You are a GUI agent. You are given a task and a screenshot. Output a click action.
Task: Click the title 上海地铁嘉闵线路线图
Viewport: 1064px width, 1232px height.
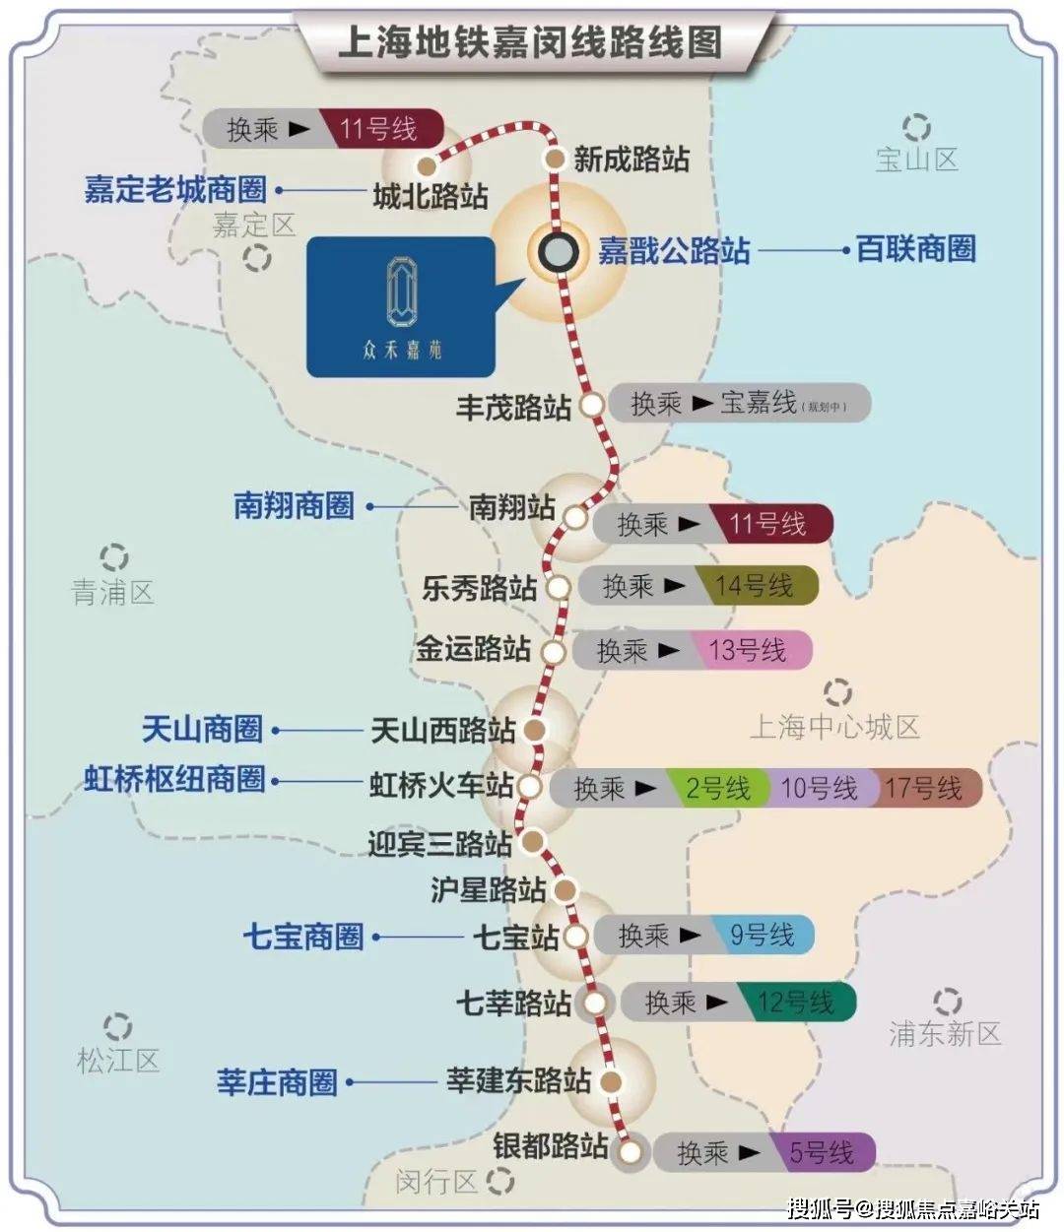coord(529,42)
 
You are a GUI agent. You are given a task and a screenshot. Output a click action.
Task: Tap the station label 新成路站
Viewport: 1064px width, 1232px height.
coord(632,160)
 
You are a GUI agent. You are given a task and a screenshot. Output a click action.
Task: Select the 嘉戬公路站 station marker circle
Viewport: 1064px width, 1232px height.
coord(558,251)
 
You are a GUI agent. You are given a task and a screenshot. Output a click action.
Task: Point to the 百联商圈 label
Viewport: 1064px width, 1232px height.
coord(915,249)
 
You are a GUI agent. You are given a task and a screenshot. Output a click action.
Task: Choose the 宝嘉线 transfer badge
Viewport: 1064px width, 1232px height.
coord(758,403)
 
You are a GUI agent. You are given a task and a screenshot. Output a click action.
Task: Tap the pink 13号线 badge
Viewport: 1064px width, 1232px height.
coord(749,650)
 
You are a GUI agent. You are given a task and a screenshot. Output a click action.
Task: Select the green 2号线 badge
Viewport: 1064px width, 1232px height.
coord(718,788)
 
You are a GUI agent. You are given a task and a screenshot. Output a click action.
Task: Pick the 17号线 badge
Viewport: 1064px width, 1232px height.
coord(923,788)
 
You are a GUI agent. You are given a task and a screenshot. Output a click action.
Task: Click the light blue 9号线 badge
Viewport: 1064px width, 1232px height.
coord(762,935)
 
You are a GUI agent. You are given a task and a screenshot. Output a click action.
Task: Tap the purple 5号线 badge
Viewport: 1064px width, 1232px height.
coord(821,1152)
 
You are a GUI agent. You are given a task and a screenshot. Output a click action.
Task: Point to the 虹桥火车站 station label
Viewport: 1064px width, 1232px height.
coord(441,786)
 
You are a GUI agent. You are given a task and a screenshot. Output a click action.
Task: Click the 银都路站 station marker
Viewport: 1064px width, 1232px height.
coord(631,1150)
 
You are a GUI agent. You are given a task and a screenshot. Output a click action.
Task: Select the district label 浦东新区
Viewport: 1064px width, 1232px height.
coord(945,1033)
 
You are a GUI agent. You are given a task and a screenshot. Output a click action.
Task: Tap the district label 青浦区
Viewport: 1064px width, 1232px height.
coord(113,592)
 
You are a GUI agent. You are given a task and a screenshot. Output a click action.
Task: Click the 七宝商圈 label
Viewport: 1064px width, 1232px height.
coord(303,937)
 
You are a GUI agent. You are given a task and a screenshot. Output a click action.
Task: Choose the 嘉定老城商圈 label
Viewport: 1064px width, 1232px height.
coord(175,190)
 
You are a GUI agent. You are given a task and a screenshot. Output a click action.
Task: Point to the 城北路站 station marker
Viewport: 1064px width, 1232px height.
coord(427,164)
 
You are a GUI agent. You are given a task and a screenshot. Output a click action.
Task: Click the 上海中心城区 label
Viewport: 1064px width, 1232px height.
coord(834,728)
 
